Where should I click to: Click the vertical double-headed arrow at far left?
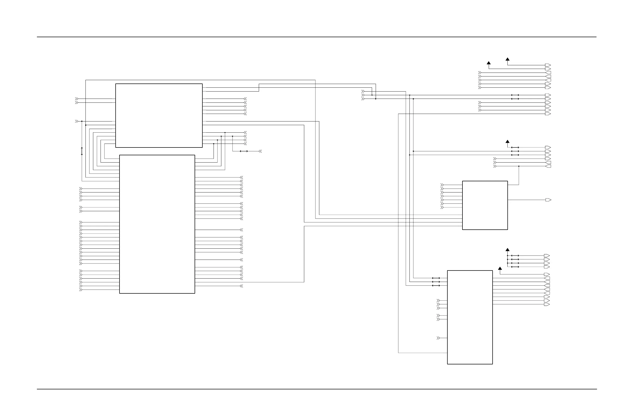point(82,151)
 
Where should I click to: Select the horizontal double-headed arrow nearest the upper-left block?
point(244,151)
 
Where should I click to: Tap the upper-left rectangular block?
point(159,115)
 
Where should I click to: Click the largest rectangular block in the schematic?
point(157,224)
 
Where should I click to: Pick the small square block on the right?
point(485,205)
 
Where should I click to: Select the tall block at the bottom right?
point(470,317)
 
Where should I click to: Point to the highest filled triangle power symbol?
point(507,59)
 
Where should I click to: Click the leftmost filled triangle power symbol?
point(488,63)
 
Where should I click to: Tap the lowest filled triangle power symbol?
point(500,268)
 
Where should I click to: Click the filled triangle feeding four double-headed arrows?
point(507,250)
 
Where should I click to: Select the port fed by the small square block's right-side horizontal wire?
point(548,200)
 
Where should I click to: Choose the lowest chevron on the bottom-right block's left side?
point(438,338)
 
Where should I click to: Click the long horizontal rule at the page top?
point(317,37)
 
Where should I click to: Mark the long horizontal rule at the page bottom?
point(317,389)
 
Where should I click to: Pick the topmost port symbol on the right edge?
point(548,65)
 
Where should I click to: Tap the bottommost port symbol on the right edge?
point(547,305)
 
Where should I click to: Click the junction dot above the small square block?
point(519,166)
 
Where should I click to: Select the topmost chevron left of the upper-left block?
point(76,99)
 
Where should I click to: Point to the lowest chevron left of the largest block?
point(81,290)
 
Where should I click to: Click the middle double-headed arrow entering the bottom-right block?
point(436,282)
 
